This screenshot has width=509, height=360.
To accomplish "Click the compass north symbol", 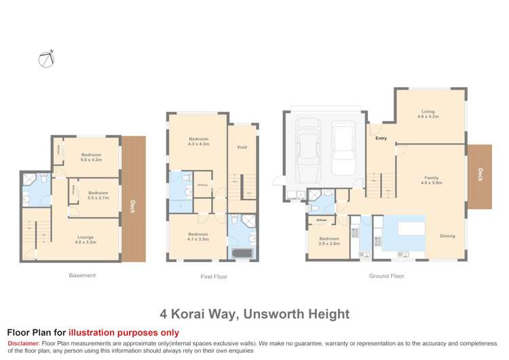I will coord(45,59).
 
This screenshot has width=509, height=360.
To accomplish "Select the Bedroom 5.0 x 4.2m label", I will coord(92,157).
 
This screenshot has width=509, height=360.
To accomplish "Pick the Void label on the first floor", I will coord(242,147).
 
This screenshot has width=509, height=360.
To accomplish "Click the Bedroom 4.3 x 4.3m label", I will coord(199,142).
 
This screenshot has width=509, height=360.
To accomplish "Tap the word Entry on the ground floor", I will coord(381,138).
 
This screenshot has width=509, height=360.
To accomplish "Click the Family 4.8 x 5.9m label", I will coord(432,181).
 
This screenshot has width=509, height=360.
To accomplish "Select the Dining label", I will coord(447,236).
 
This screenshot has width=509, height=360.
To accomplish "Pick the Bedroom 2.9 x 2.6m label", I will coord(329,241).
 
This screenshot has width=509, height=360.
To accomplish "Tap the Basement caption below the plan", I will coord(82,275).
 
